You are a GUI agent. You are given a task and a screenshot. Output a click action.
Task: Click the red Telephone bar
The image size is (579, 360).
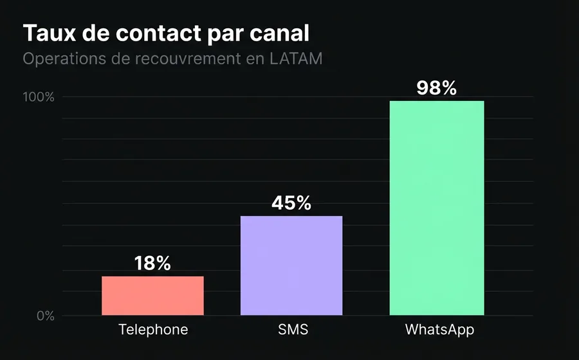pyautogui.click(x=152, y=296)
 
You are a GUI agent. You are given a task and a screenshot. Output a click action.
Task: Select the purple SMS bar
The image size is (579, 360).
pyautogui.click(x=291, y=265)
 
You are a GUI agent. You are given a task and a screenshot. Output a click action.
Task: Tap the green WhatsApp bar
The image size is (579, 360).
pyautogui.click(x=437, y=208)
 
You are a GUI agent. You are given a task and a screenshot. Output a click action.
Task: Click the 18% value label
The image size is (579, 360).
pyautogui.click(x=152, y=263)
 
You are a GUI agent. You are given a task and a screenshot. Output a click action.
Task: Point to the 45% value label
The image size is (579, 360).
pyautogui.click(x=291, y=203)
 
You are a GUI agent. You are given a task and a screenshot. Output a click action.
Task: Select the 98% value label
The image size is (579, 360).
pyautogui.click(x=437, y=88)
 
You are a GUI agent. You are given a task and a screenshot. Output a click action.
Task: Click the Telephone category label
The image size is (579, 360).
pyautogui.click(x=153, y=330)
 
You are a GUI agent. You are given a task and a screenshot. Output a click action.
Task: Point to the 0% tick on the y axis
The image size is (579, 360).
pyautogui.click(x=44, y=316)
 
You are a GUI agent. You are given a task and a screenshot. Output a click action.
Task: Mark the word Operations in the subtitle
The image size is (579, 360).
pyautogui.click(x=62, y=59)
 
